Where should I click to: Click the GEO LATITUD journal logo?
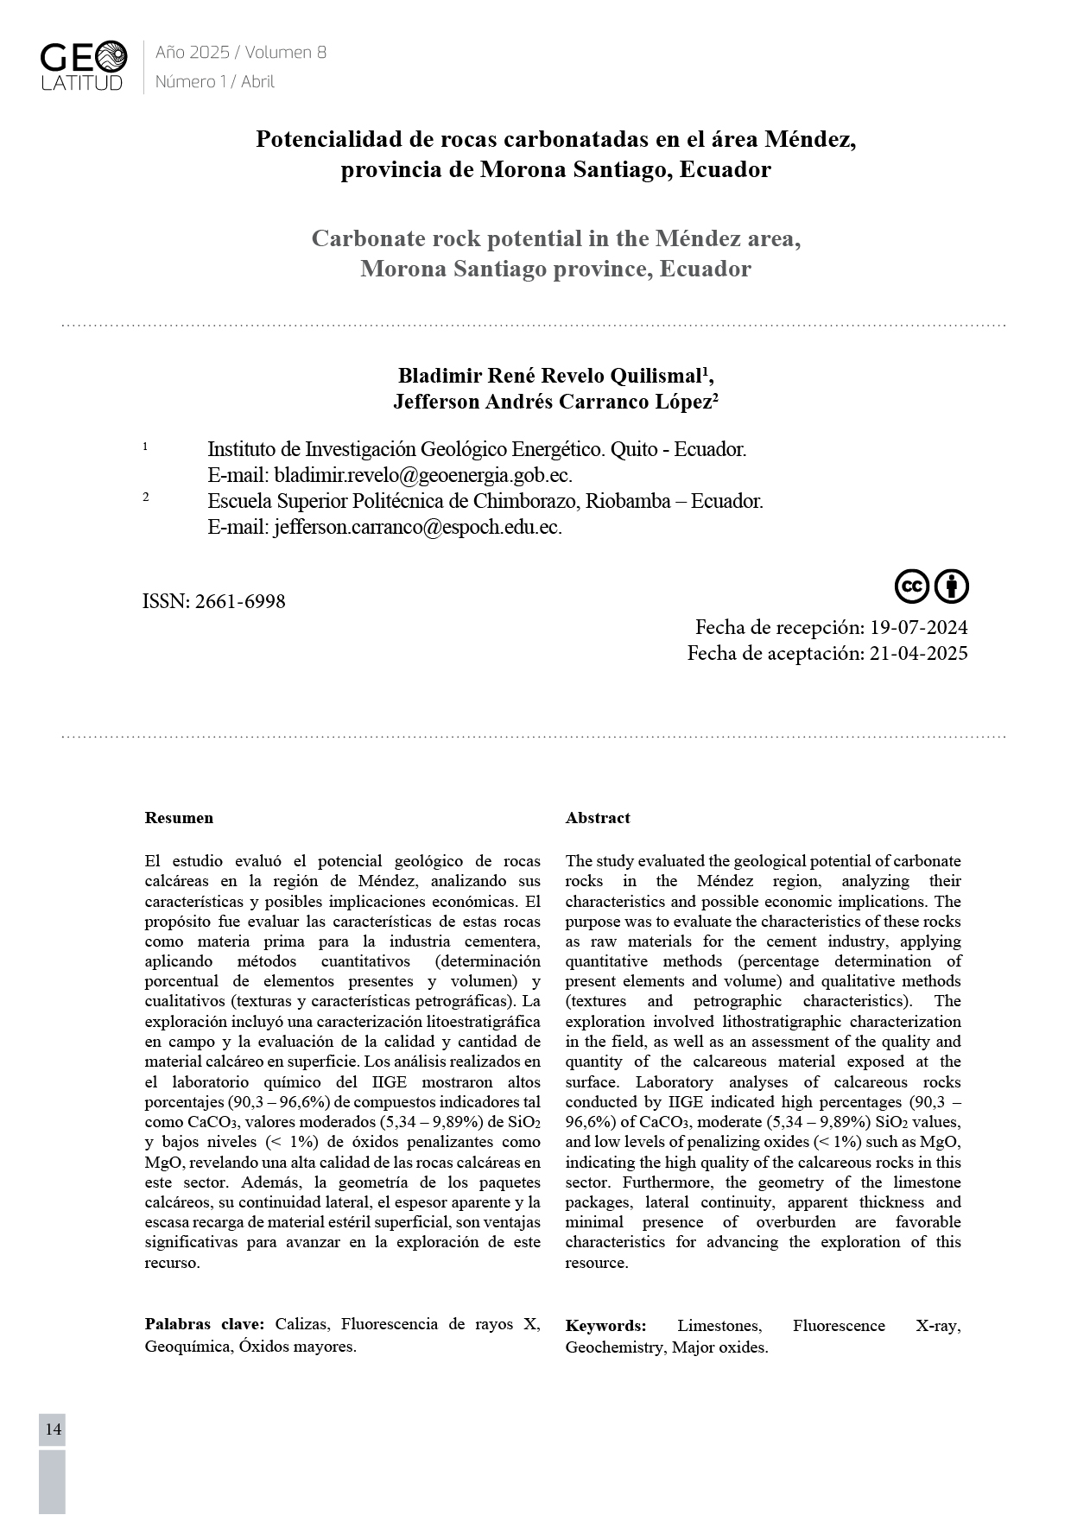(83, 67)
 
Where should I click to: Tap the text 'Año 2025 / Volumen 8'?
(240, 53)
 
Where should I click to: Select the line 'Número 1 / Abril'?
(214, 82)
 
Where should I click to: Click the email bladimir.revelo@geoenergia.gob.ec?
(422, 475)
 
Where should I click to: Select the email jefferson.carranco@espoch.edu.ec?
(417, 527)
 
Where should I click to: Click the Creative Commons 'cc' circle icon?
(911, 586)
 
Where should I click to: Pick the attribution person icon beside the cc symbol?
(952, 586)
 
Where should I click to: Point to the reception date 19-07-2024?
(918, 627)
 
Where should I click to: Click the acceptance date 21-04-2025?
(918, 653)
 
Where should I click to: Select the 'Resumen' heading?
(179, 818)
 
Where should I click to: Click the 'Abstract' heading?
(598, 818)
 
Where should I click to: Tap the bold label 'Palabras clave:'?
(205, 1325)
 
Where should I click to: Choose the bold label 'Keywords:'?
(605, 1326)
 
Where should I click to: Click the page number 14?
(53, 1429)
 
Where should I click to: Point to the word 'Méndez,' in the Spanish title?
(810, 139)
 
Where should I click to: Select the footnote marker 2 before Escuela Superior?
(146, 497)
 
